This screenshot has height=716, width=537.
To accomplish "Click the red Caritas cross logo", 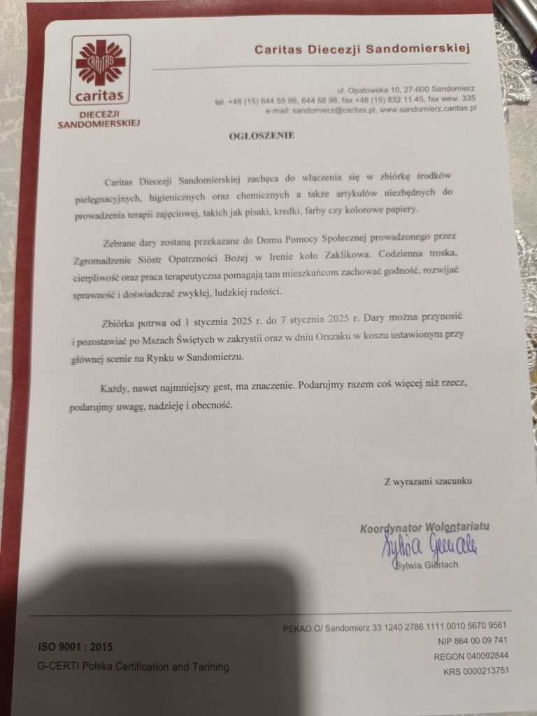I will pos(101,63).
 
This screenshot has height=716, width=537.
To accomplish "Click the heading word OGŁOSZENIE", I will pos(262,136).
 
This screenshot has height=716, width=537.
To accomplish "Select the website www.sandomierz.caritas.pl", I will pos(428,109).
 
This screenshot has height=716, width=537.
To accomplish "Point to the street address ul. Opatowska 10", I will pos(367,90).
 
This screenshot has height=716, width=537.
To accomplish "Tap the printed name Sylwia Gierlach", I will pos(427,564).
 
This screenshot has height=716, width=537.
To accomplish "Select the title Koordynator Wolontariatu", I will pos(424,527).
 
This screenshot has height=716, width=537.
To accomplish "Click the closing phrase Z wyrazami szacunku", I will pos(428,481).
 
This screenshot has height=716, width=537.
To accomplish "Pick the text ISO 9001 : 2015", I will pos(76,647).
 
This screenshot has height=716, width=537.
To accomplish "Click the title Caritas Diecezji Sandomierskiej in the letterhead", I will pos(362,48).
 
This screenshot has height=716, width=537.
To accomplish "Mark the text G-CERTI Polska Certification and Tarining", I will pos(134,667).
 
